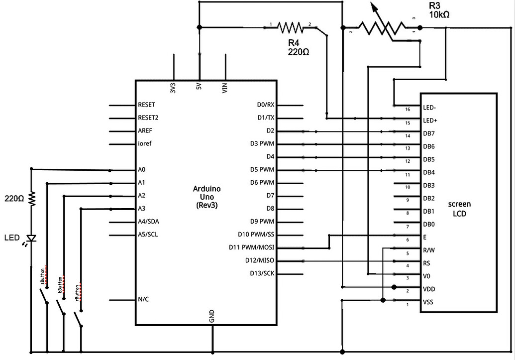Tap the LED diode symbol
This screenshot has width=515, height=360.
click(x=32, y=239)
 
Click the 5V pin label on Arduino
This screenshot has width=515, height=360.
click(x=199, y=86)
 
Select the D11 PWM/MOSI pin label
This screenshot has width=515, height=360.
click(x=252, y=247)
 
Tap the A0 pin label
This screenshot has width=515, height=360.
click(x=142, y=170)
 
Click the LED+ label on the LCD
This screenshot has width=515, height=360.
click(x=430, y=120)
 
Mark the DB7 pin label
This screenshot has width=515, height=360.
click(x=429, y=133)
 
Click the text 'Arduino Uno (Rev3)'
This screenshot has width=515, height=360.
click(x=206, y=197)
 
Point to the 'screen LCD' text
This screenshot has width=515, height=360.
click(x=459, y=209)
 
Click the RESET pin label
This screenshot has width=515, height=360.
click(x=146, y=105)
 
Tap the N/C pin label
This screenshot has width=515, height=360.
click(x=143, y=299)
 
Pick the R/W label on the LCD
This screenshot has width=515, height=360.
click(x=428, y=250)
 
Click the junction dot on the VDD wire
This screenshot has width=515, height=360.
click(x=394, y=287)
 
